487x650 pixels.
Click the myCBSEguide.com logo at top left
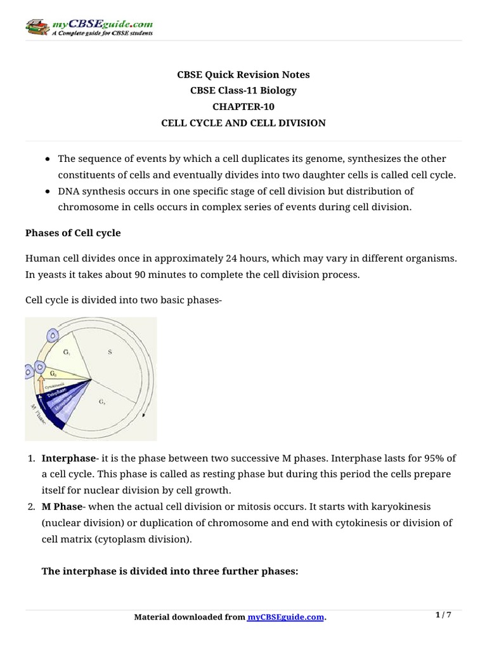(x=88, y=27)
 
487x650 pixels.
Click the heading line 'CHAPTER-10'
(x=243, y=107)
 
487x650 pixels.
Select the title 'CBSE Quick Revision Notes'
(x=243, y=74)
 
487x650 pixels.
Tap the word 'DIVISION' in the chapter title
(x=304, y=123)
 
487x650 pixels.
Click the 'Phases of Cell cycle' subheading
(x=72, y=233)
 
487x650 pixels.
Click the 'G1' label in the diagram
(x=67, y=350)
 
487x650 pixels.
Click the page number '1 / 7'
(x=443, y=615)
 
